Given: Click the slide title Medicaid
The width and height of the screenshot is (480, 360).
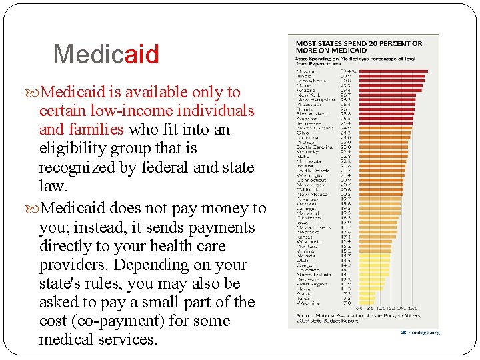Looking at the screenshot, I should coord(106,54).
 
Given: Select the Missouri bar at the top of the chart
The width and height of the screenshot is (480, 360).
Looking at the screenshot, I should coord(393,71).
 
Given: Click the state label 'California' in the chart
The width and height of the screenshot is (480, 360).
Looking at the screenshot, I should coord(309,190).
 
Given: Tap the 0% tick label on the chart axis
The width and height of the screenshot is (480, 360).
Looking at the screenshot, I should coord(360,308).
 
